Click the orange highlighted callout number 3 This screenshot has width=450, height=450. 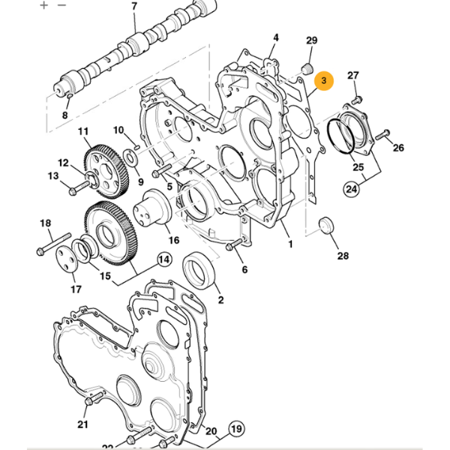pos(324,80)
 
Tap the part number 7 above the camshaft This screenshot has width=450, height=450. pos(134,7)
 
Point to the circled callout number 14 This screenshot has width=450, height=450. pos(163,261)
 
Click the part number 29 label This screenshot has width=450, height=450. pos(313,40)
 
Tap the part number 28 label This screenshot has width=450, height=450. pos(343,256)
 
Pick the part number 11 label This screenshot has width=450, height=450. pos(83,132)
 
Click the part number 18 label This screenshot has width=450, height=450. pos(45,223)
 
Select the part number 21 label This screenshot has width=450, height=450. pos(83,425)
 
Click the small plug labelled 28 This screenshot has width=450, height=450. pos(326,225)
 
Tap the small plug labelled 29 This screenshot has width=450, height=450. pos(305,70)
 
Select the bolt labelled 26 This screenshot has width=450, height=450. pos(381,136)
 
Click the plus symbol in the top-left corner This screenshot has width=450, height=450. pos(43,4)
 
